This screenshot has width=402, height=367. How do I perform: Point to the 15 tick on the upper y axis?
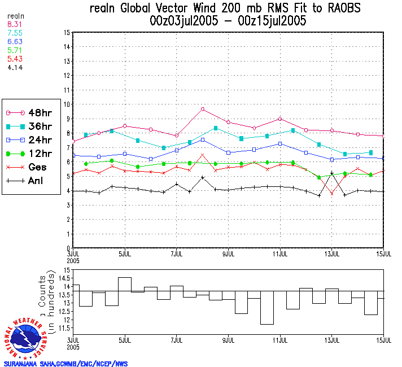point(67,33)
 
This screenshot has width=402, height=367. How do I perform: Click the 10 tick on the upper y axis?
point(67,104)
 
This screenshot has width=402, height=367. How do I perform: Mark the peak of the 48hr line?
point(203,109)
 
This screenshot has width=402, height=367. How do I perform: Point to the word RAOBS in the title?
point(340,9)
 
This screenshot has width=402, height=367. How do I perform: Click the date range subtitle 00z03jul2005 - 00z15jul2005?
point(229,21)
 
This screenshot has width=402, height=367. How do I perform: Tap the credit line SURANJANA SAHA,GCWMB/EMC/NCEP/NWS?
point(65,364)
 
